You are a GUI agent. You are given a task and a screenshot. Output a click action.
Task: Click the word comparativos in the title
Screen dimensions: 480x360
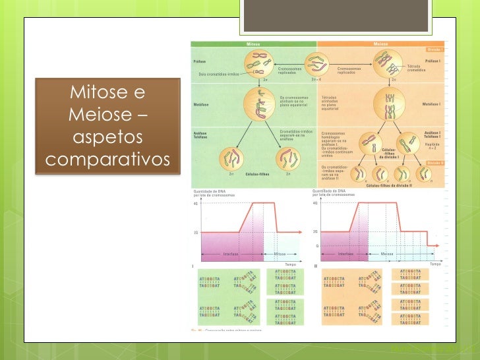click(109, 160)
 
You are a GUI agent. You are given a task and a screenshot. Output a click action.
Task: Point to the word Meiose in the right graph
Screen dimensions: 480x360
click(387, 253)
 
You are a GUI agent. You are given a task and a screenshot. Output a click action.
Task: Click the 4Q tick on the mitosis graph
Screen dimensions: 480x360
click(195, 203)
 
